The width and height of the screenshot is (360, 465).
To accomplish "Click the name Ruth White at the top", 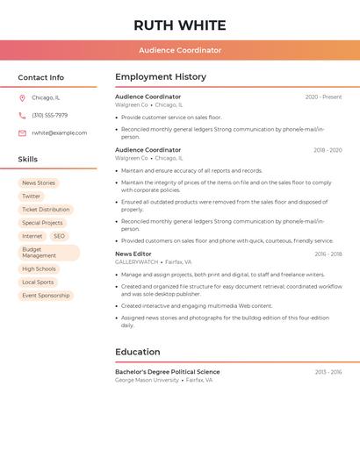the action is click(x=180, y=25).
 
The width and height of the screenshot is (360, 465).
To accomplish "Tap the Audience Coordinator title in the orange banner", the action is click(x=180, y=51).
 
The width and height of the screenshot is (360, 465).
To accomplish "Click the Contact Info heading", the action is click(x=40, y=77).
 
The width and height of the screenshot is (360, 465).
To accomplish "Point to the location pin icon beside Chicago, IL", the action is click(x=22, y=98).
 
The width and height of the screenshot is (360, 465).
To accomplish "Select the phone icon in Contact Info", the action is click(x=22, y=116).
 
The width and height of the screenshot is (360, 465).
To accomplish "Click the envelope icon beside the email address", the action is click(x=22, y=133).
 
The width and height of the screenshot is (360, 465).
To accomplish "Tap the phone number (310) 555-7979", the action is click(x=49, y=116).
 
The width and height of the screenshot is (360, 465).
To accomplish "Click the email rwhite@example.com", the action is click(x=59, y=133).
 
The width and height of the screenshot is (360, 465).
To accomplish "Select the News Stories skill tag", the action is click(x=39, y=183).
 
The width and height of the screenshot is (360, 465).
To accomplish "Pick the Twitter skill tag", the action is click(x=31, y=197).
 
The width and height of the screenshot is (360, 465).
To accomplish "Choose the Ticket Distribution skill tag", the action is click(x=46, y=210).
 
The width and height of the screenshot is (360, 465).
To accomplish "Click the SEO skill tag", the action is click(x=59, y=236).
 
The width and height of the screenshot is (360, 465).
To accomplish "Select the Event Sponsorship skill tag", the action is click(x=46, y=296).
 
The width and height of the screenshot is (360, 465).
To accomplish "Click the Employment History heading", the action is click(x=161, y=77).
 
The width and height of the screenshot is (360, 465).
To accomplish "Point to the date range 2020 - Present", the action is click(x=323, y=97).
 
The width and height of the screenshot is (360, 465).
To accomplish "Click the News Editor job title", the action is click(x=133, y=254).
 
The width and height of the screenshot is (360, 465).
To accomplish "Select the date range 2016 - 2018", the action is click(x=328, y=254).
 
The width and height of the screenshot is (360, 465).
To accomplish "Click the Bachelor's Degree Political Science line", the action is click(x=168, y=372).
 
